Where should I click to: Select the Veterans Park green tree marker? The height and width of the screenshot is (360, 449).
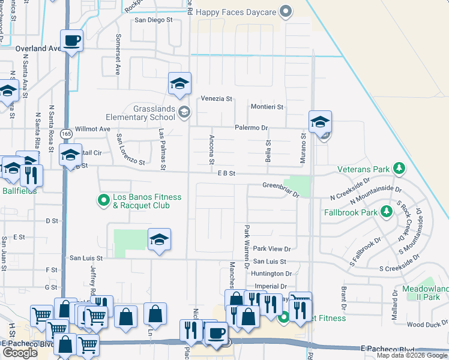[x=397, y=169]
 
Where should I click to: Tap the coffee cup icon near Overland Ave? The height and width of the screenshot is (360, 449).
[x=71, y=40]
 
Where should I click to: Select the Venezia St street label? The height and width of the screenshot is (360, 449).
[x=216, y=98]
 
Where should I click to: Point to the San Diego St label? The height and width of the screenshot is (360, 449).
[x=153, y=20]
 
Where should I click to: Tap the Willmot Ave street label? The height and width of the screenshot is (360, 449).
[x=92, y=128]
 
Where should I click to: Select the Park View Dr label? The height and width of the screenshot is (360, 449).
[x=271, y=248]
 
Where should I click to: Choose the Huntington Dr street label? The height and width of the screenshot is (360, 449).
[x=272, y=274]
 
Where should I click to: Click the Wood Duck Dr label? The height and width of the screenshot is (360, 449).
[x=424, y=325]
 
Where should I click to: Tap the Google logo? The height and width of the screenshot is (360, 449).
[x=20, y=353]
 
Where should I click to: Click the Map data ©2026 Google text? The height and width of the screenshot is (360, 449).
[x=412, y=355]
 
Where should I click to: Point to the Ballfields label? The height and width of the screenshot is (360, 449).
[x=18, y=191]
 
